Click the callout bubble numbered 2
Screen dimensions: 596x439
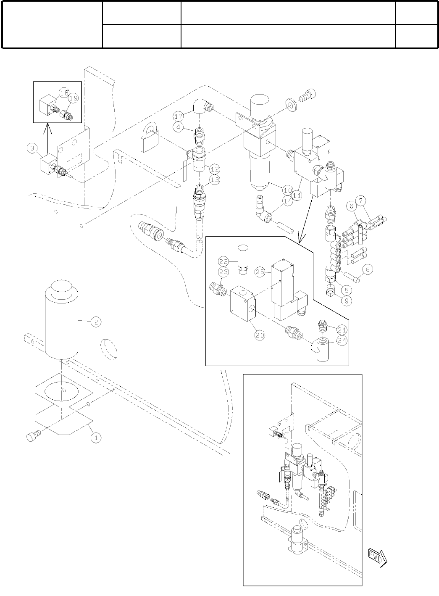[96, 322]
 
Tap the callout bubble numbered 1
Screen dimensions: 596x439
[96, 438]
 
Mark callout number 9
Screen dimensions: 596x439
[347, 301]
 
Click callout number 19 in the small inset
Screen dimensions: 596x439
[74, 98]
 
